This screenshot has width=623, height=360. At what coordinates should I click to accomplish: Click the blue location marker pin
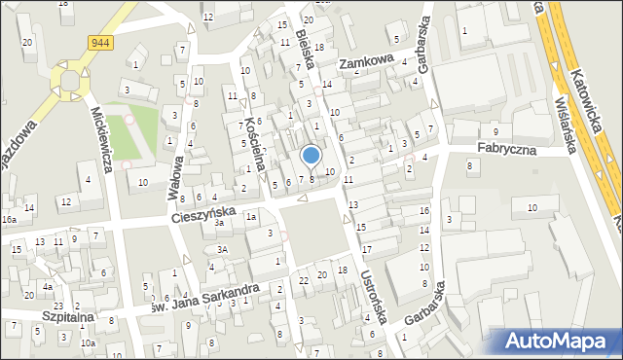click(311, 156)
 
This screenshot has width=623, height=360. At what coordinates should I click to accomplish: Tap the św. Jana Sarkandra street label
click(202, 295)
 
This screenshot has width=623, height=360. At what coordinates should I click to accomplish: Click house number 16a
click(9, 220)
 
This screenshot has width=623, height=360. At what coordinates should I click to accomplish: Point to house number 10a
click(88, 342)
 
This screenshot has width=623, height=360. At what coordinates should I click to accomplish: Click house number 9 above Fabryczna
click(495, 131)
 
